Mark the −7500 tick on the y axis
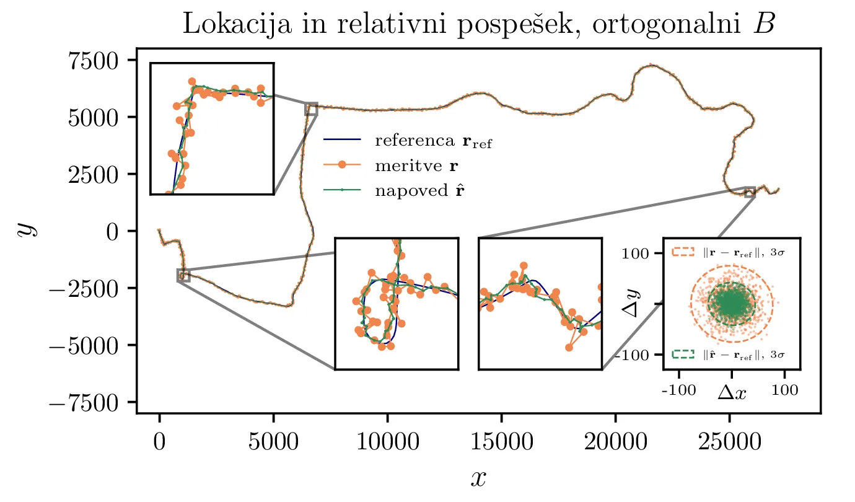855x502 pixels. click(90, 402)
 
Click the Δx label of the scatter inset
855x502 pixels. click(732, 392)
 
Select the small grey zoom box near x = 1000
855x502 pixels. click(183, 275)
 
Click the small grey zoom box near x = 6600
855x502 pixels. click(311, 109)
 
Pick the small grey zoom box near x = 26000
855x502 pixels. click(750, 192)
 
